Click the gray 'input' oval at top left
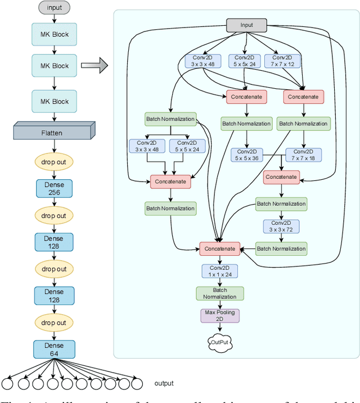pyautogui.click(x=54, y=8)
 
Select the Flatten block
pyautogui.click(x=52, y=133)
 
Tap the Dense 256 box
pyautogui.click(x=54, y=188)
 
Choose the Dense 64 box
pyautogui.click(x=54, y=349)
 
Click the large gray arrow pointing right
pyautogui.click(x=94, y=66)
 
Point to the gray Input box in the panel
pyautogui.click(x=247, y=25)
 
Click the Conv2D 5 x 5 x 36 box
pyautogui.click(x=246, y=155)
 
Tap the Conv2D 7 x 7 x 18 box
pyautogui.click(x=303, y=155)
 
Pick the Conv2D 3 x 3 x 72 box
pyautogui.click(x=281, y=227)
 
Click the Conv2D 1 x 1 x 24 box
pyautogui.click(x=220, y=271)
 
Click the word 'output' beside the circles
pyautogui.click(x=164, y=384)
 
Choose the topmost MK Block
pyautogui.click(x=54, y=34)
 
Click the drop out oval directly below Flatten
pyautogui.click(x=54, y=162)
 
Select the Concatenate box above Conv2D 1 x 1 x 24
pyautogui.click(x=220, y=248)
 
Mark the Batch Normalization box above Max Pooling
pyautogui.click(x=220, y=293)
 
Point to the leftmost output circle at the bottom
pyautogui.click(x=8, y=384)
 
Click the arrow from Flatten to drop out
pyautogui.click(x=54, y=146)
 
